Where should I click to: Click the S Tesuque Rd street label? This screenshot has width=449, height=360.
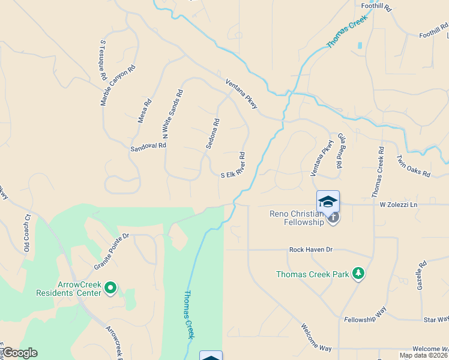103,61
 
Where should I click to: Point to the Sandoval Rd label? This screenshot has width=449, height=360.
148,146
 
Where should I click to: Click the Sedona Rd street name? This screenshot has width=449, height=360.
212,133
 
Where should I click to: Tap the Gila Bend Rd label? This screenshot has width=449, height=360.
340,151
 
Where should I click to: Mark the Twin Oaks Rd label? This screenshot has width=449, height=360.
414,166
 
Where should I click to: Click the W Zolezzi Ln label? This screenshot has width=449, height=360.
398,205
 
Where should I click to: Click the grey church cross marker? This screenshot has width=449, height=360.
333,217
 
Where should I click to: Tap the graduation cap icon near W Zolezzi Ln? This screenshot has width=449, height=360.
328,202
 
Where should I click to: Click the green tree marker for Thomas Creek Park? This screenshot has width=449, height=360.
358,274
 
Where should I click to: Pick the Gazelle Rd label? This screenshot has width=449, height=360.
421,275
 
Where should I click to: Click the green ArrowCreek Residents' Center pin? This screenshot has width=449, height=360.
110,289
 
